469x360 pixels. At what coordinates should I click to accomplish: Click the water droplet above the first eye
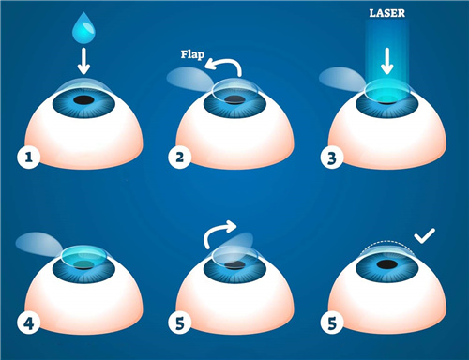click(83, 28)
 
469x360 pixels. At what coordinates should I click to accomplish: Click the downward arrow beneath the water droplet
click(83, 61)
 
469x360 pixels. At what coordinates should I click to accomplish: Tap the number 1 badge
click(29, 157)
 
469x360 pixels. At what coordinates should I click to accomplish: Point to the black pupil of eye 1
click(83, 100)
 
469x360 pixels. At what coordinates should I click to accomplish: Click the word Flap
click(192, 54)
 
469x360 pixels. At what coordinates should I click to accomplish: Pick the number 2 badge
click(180, 157)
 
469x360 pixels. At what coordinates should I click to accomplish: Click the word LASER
click(387, 13)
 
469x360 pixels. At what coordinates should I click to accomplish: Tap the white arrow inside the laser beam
click(387, 61)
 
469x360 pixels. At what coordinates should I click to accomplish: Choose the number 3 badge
click(332, 157)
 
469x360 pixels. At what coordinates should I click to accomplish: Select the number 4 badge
click(29, 323)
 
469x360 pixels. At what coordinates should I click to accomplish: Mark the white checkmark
click(424, 237)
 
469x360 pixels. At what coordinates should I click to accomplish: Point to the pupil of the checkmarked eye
click(387, 264)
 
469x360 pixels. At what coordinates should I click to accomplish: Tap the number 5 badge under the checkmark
click(332, 323)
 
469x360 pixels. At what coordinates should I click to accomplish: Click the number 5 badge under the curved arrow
click(180, 323)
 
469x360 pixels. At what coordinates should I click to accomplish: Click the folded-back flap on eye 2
click(189, 79)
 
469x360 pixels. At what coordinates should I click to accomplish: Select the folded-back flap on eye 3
click(341, 79)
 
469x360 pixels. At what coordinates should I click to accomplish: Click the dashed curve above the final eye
click(386, 241)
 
